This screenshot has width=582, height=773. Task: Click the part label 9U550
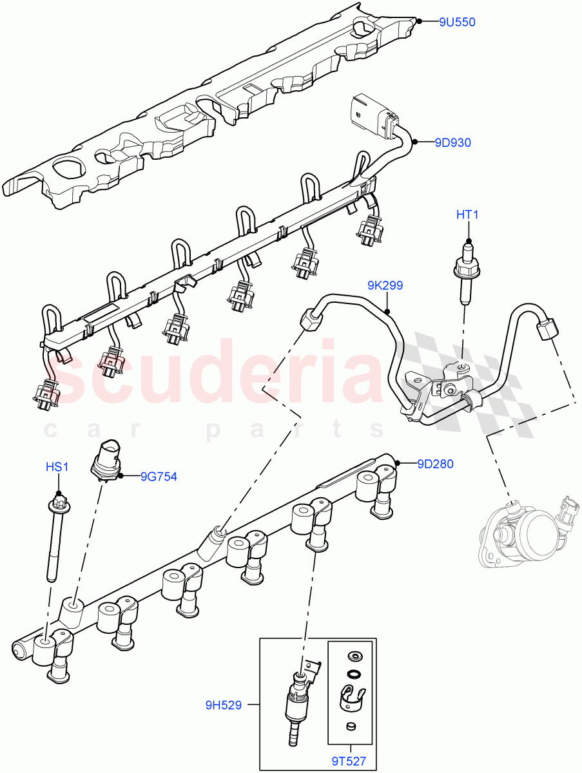457,22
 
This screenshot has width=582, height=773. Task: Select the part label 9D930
452,143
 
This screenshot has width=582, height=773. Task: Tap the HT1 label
468,215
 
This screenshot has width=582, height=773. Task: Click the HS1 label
57,466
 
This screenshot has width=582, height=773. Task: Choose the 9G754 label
159,477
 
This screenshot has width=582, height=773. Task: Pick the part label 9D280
436,463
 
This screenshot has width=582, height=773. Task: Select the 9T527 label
349,761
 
